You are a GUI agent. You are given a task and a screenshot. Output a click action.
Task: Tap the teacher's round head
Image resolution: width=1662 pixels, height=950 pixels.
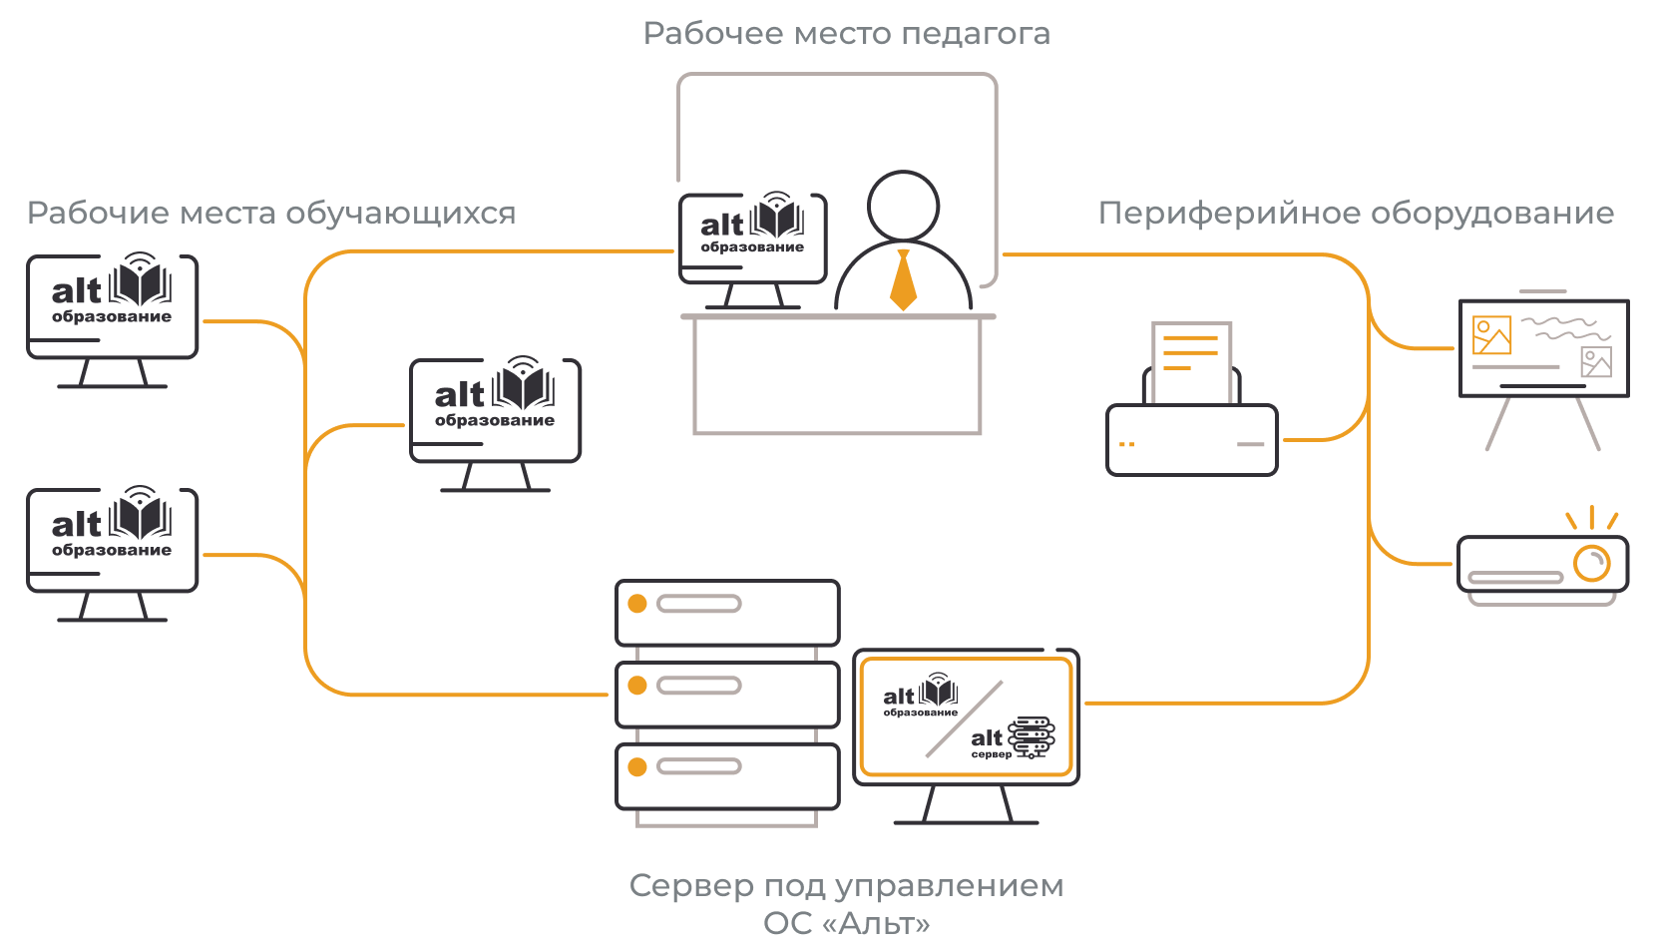[x=903, y=207]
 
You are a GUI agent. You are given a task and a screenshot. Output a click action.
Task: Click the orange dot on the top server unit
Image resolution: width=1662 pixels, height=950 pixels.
[x=636, y=604]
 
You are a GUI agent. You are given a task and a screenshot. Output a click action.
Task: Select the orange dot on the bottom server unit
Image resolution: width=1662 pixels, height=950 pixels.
[x=636, y=766]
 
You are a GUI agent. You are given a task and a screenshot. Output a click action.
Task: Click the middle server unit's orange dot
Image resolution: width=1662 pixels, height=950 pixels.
[x=636, y=685]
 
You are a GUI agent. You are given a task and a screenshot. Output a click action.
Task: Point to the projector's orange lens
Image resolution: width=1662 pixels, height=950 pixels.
[x=1591, y=564]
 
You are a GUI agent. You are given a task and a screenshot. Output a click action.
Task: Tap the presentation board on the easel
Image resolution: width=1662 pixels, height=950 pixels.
[x=1543, y=348]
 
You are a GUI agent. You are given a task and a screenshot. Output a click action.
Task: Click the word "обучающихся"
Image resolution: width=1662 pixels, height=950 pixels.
[x=401, y=214]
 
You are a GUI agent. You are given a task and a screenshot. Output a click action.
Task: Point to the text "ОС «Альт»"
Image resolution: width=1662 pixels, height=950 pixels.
[x=847, y=923]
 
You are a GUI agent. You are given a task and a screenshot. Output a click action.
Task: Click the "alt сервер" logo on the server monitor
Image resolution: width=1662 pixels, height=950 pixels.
[x=1013, y=737]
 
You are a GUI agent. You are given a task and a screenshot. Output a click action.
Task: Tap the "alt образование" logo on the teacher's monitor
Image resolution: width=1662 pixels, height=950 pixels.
[x=752, y=223]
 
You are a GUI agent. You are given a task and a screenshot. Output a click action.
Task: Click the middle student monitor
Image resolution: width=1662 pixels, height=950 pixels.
[x=495, y=424]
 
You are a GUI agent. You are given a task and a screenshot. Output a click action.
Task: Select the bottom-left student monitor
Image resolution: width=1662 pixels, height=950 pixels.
[x=112, y=554]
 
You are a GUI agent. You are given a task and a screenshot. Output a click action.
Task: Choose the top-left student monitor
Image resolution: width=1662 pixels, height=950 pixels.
[x=112, y=320]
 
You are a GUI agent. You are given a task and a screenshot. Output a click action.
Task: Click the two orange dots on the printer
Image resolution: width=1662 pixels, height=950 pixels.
[x=1126, y=444]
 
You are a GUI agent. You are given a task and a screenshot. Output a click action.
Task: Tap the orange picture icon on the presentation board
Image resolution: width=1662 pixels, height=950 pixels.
[x=1491, y=335]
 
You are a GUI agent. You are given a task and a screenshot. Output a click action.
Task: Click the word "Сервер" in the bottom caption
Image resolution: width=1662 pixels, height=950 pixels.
[x=690, y=886]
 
